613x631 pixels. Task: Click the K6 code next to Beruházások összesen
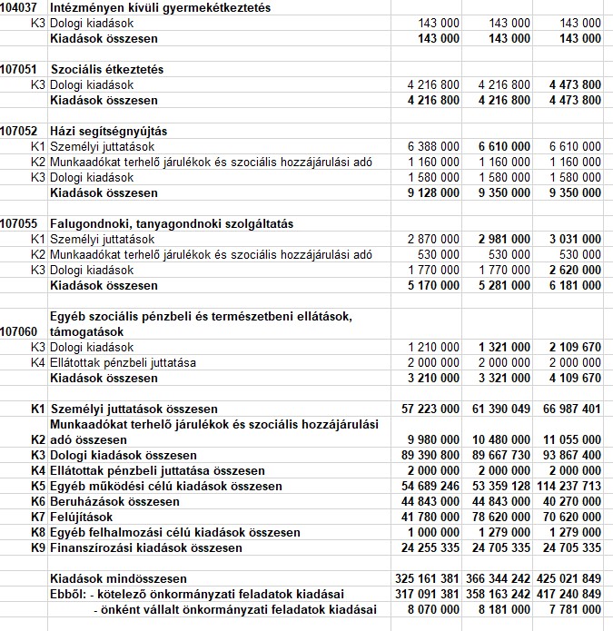37,501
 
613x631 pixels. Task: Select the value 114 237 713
569,486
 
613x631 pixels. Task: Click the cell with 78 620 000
498,517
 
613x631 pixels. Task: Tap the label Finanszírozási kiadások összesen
145,547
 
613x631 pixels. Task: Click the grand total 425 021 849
569,578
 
